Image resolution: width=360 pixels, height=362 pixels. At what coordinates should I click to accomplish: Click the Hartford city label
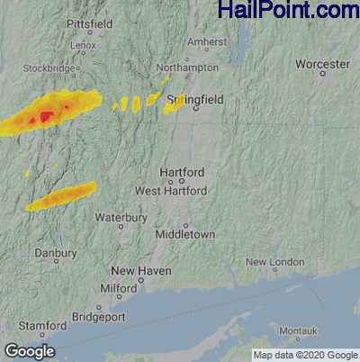(x=181, y=172)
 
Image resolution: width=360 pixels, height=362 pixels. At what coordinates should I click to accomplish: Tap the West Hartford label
(x=171, y=191)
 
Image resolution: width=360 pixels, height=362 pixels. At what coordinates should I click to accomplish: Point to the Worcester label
(x=322, y=65)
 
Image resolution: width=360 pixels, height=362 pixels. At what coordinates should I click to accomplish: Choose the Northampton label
(x=187, y=68)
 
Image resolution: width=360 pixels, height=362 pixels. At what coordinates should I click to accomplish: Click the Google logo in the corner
(x=29, y=350)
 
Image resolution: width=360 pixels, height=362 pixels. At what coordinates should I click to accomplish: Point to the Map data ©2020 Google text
(x=304, y=355)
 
